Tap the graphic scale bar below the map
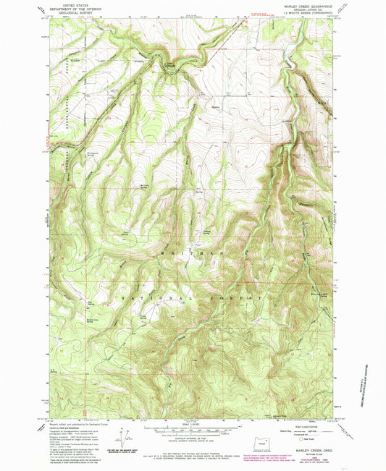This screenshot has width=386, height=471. [x=191, y=430]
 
